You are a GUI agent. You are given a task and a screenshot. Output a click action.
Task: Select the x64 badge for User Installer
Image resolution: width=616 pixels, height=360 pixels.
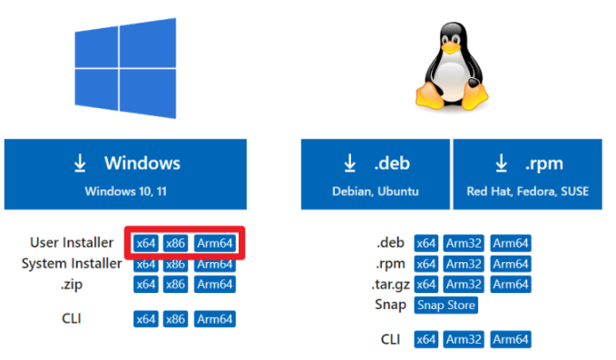(x=145, y=243)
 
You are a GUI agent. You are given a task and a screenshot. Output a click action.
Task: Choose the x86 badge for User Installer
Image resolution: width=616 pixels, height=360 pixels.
(x=176, y=243)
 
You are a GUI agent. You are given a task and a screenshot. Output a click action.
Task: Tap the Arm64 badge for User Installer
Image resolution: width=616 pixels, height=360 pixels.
(x=215, y=243)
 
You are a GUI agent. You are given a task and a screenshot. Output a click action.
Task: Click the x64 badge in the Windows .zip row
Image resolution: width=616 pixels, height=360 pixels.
(x=145, y=284)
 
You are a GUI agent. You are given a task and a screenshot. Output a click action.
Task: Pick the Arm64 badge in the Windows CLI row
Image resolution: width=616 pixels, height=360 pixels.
(x=215, y=319)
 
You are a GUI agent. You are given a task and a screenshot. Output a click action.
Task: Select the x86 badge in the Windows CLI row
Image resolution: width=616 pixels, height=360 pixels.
(x=176, y=319)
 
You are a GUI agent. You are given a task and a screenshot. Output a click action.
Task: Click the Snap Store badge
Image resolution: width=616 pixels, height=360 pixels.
(x=445, y=305)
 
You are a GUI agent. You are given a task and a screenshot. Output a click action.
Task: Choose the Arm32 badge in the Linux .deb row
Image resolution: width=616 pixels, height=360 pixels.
(x=464, y=243)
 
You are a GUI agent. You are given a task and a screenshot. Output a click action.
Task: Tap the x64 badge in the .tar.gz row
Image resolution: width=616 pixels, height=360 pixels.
(x=426, y=284)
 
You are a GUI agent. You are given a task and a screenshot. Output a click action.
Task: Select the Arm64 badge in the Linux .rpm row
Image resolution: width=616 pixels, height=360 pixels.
(x=511, y=263)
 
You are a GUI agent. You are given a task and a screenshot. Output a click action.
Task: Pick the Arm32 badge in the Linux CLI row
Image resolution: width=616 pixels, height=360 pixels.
(x=464, y=340)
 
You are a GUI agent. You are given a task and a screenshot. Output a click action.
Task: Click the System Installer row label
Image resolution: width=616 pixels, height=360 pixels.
(x=72, y=264)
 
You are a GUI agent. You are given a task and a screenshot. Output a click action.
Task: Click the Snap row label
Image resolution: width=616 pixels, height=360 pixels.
(x=390, y=305)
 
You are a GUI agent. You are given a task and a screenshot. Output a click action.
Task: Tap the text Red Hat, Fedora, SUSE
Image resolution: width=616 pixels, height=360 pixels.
(x=527, y=192)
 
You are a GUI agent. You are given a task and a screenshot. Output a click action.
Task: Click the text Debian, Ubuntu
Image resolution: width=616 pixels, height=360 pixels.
(x=376, y=192)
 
